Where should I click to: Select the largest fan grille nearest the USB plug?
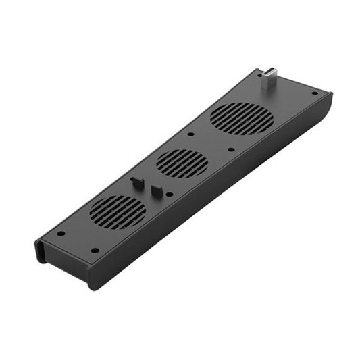pos(242,119)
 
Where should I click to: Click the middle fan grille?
pos(182,163)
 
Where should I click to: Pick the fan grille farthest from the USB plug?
pos(118,211)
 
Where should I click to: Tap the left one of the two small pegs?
pos(137,183)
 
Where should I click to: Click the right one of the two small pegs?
pos(157,191)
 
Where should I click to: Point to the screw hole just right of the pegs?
pos(169,195)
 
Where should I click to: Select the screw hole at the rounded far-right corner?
pos(314,93)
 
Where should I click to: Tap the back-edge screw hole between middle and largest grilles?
pos(191,133)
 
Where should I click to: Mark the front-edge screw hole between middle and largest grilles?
pos(231,149)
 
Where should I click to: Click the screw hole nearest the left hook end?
pos(60,233)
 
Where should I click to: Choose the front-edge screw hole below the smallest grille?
pos(95,250)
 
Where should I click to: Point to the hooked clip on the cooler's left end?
pos(40,251)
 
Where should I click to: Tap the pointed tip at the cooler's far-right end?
pos(330,96)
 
